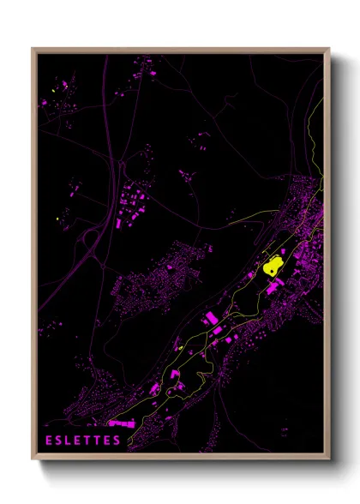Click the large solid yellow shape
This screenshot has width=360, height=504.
pos(276,263)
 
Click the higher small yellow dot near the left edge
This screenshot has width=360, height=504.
pos(53,90)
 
